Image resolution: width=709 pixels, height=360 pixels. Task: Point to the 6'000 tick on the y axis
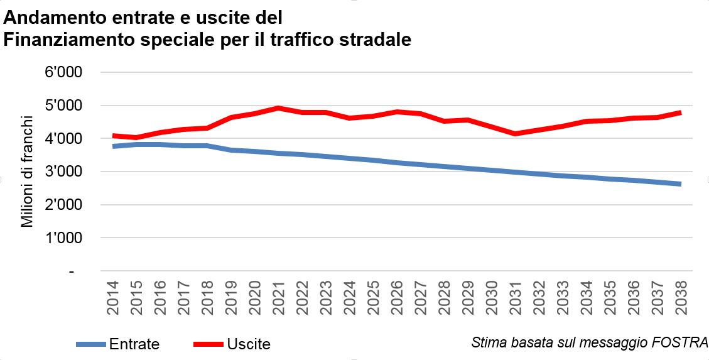tap(65, 72)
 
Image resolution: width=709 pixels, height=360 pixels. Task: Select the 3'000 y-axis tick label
tap(65, 172)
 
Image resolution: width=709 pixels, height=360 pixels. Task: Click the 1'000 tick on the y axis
tap(65, 238)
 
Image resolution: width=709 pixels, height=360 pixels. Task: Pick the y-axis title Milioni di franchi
tap(28, 171)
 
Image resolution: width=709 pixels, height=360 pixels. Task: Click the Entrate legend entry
tap(134, 344)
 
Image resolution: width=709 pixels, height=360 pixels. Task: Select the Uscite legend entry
tap(249, 344)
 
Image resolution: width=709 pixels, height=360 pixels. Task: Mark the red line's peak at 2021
tap(279, 108)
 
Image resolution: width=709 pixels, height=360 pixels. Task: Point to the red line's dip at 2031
tap(515, 133)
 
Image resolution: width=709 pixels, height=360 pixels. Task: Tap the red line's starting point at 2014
tap(114, 136)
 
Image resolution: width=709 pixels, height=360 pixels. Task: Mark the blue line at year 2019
tap(231, 150)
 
